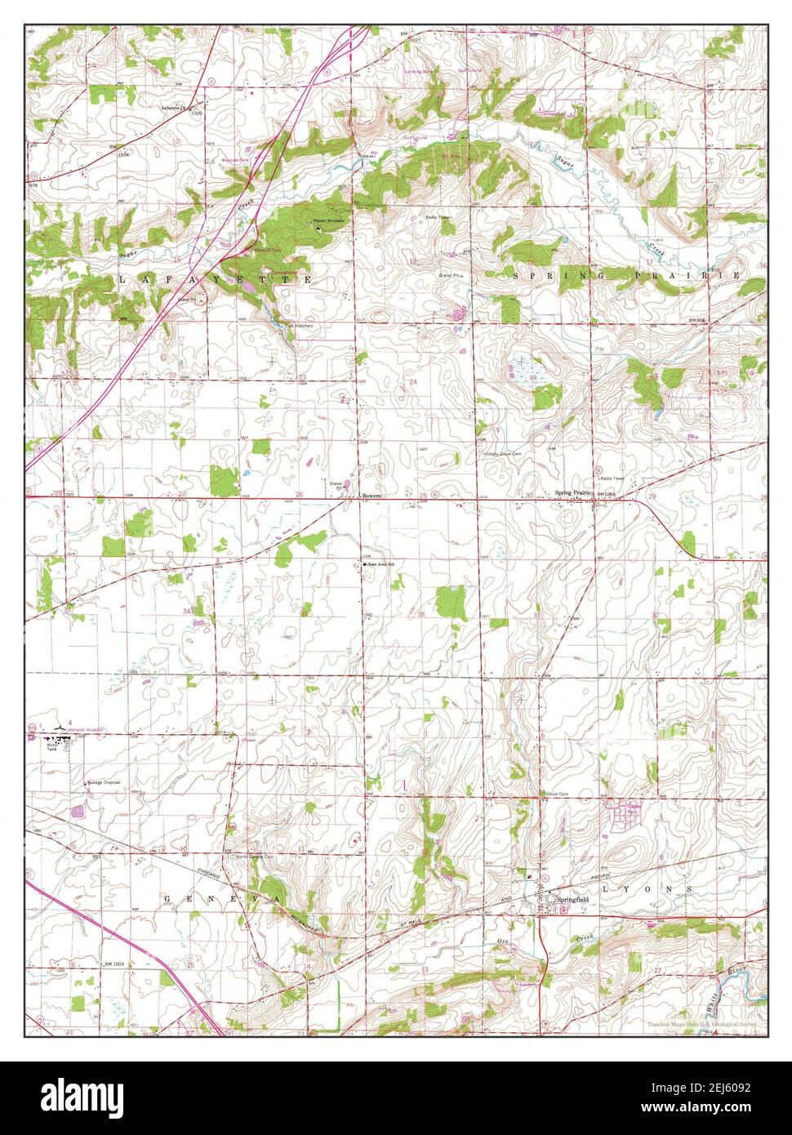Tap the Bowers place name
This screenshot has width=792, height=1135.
pyautogui.click(x=372, y=495)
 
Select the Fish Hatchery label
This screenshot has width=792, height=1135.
pyautogui.click(x=300, y=325)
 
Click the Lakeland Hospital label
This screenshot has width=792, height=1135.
pyautogui.click(x=87, y=728)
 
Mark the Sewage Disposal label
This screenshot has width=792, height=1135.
pyautogui.click(x=104, y=782)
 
